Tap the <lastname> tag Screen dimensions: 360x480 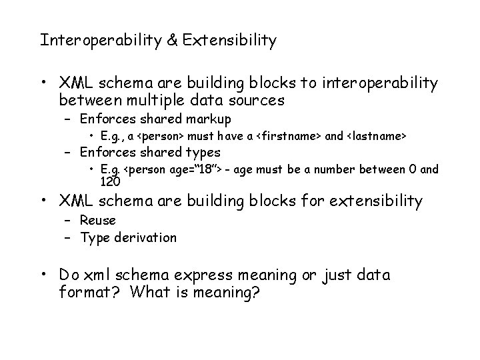375,136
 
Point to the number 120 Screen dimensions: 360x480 110,181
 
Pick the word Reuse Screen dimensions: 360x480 97,220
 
